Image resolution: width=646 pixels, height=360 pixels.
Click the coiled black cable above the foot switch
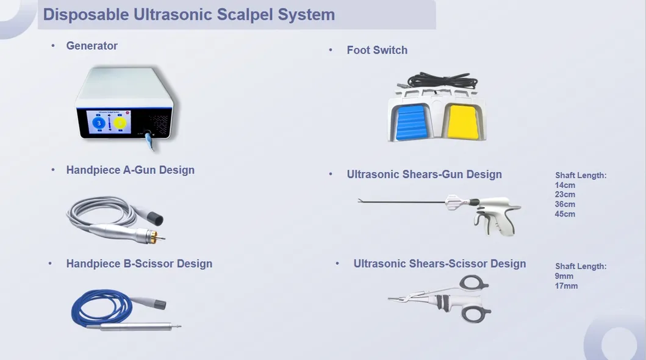[440, 81]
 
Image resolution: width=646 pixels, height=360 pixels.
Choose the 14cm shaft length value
[565, 185]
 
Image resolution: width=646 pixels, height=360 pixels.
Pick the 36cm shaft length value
[565, 204]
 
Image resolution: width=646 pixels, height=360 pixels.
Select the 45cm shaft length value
[565, 214]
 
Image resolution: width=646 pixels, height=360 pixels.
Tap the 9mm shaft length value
[564, 276]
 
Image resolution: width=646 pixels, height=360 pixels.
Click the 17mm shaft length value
[566, 286]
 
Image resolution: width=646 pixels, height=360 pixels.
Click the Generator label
[92, 46]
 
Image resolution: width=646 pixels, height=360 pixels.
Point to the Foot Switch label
[377, 51]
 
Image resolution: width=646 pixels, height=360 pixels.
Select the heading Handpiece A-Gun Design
[130, 170]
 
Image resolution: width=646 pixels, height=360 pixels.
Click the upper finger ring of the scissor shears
[475, 283]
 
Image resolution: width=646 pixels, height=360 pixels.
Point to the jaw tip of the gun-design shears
[362, 199]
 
